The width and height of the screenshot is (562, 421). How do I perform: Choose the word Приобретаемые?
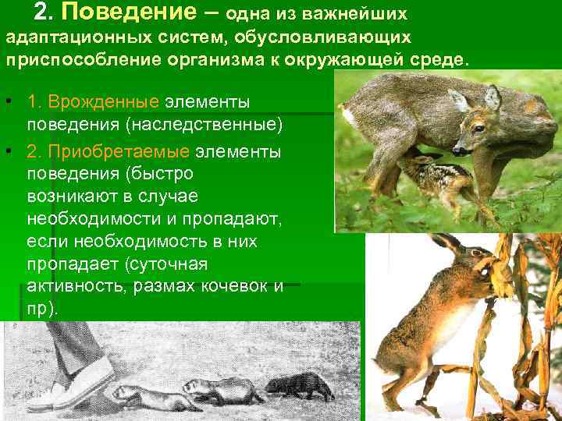[x=108, y=150]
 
